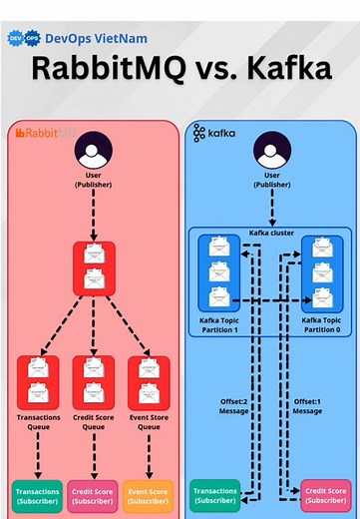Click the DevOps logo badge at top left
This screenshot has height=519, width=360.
click(24, 38)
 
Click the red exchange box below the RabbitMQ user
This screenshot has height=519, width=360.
click(92, 267)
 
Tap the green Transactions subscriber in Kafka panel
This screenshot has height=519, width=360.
click(216, 495)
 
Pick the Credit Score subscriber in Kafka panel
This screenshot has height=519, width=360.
click(325, 495)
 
